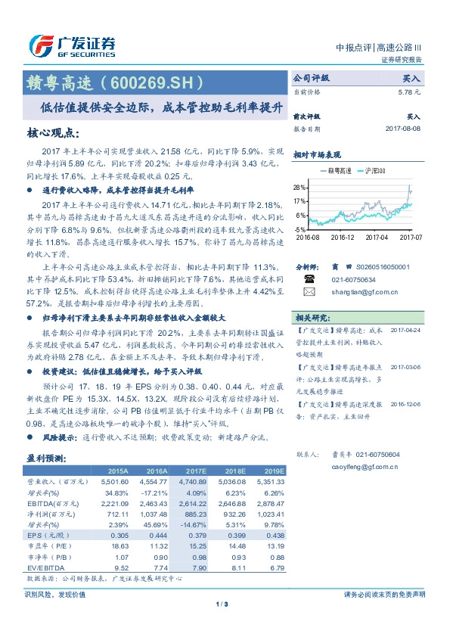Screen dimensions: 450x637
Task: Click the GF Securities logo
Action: tap(71, 46)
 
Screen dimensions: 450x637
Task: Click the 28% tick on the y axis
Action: tap(300, 187)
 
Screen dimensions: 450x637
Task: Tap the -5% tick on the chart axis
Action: tap(300, 228)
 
